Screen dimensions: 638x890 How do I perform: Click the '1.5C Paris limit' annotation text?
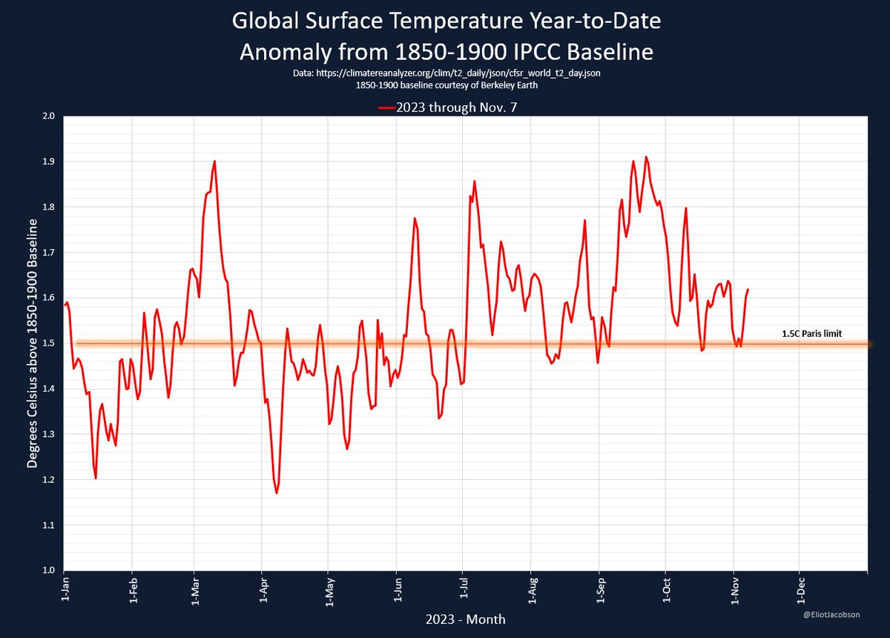pyautogui.click(x=811, y=334)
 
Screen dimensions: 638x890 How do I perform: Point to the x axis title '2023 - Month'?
pyautogui.click(x=464, y=618)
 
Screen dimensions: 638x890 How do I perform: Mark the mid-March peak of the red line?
pyautogui.click(x=214, y=161)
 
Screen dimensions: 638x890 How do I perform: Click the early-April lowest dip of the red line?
pyautogui.click(x=277, y=493)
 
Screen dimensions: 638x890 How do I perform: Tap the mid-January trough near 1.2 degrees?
pyautogui.click(x=96, y=478)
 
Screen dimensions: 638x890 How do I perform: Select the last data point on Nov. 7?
pyautogui.click(x=748, y=289)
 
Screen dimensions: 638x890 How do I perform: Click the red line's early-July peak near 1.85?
pyautogui.click(x=474, y=181)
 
